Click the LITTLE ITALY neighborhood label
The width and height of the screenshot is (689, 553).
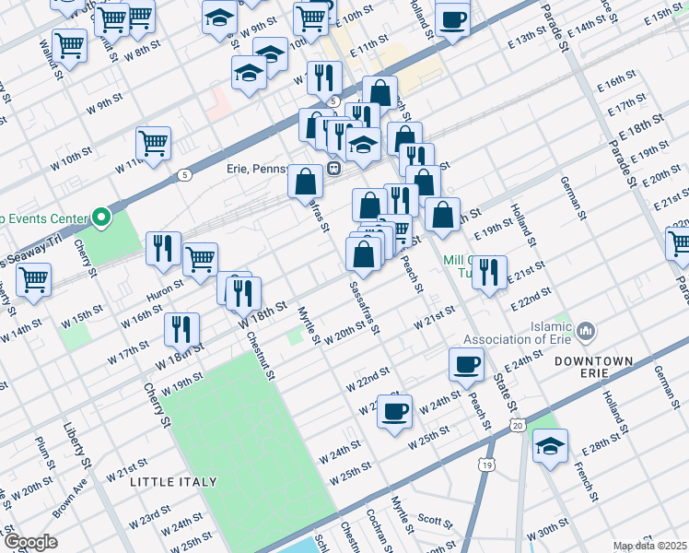[173, 482]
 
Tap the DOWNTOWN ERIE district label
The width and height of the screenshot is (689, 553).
[594, 368]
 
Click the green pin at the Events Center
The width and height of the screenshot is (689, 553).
[101, 218]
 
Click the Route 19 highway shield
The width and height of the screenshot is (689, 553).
[485, 467]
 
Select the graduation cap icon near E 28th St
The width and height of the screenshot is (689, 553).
[550, 447]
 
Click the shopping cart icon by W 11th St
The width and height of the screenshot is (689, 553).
[153, 143]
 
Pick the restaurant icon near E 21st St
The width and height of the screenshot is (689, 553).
[489, 272]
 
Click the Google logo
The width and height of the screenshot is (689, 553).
[30, 541]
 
